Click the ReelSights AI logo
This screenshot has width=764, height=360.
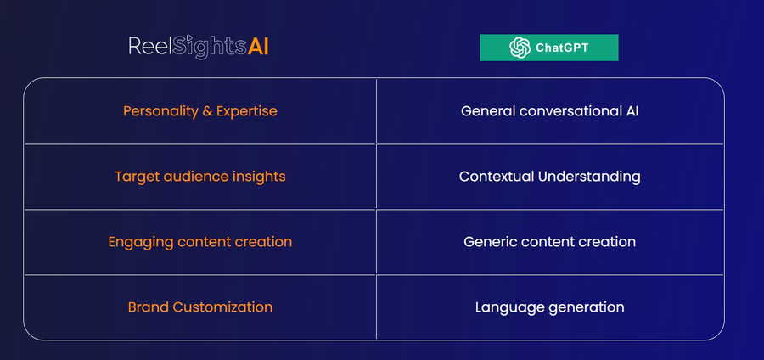click(x=199, y=47)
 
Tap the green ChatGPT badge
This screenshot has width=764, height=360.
click(x=549, y=48)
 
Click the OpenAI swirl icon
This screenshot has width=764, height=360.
click(x=520, y=48)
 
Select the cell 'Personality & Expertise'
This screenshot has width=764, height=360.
click(x=199, y=111)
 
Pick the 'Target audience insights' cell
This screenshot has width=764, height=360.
click(x=199, y=177)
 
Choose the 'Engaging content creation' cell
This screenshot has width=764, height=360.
click(x=199, y=242)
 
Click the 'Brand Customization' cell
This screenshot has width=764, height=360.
click(x=199, y=307)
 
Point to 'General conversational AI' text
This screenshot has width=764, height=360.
click(x=549, y=111)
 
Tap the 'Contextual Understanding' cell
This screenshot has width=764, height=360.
click(x=550, y=177)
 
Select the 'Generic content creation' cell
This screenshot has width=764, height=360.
click(x=550, y=242)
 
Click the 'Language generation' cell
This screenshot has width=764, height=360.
click(x=550, y=307)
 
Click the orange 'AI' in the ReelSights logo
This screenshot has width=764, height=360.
click(x=258, y=47)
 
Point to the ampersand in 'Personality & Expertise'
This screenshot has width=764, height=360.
click(x=207, y=111)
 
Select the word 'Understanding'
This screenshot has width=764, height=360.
click(x=589, y=177)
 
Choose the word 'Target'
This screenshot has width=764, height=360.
click(x=138, y=177)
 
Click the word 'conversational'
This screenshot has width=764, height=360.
click(x=570, y=111)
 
